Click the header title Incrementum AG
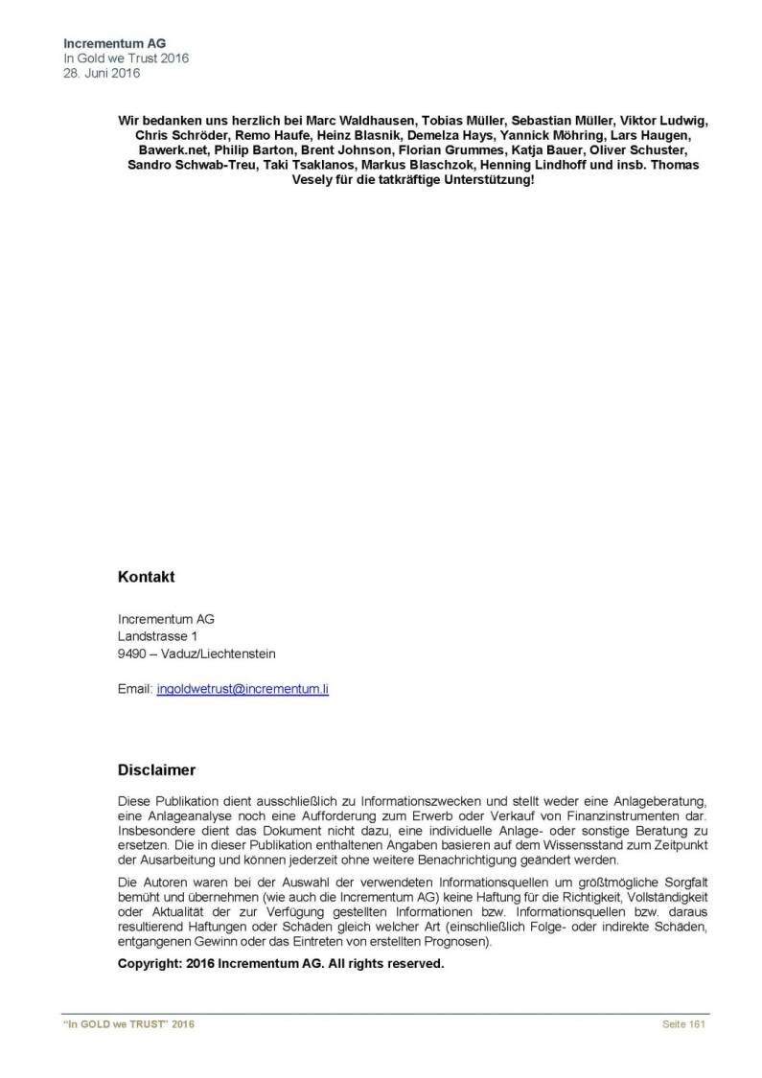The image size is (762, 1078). point(114,43)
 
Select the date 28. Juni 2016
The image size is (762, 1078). point(102,73)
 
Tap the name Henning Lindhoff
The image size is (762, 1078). point(531,166)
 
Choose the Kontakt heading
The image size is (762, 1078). point(146,578)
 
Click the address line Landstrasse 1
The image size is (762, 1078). point(158,635)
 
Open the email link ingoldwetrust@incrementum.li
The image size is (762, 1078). point(242,689)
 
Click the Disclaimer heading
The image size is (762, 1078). point(156,769)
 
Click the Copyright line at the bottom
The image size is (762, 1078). point(281,964)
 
